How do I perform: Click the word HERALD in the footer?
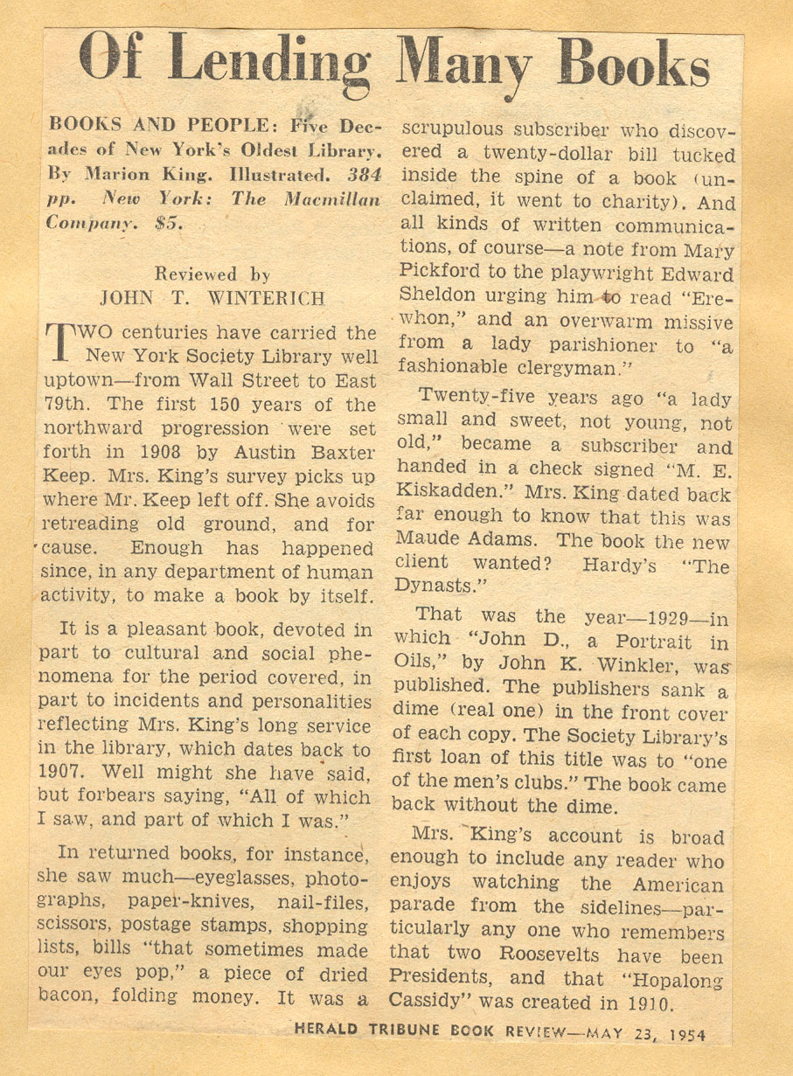tap(326, 1030)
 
